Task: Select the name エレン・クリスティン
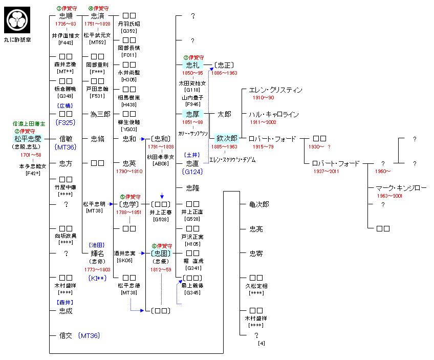(275, 90)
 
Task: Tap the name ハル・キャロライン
(273, 114)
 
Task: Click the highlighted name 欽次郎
(227, 138)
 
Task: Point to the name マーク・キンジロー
(401, 188)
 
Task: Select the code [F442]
(66, 43)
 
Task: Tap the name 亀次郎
(259, 204)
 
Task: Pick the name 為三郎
(100, 114)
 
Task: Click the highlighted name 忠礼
(192, 65)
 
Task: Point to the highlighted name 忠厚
(192, 114)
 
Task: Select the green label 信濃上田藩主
(29, 124)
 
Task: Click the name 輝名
(97, 253)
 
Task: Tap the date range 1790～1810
(129, 171)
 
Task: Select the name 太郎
(224, 114)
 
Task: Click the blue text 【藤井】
(65, 302)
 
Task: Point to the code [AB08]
(161, 163)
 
